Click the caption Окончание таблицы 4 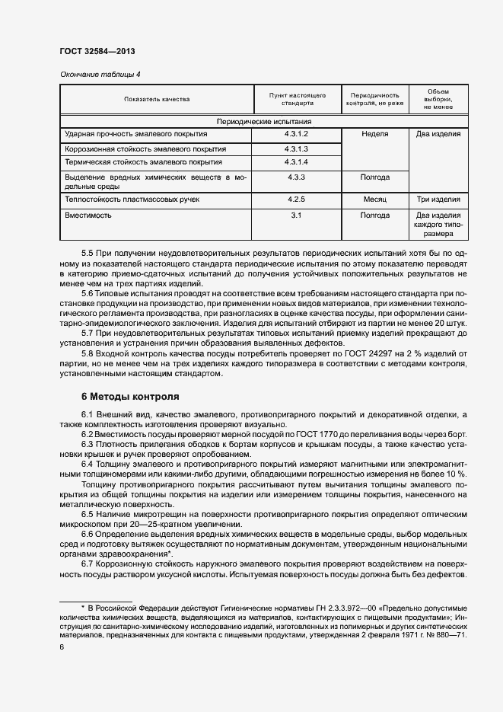pyautogui.click(x=100, y=74)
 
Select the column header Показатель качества pyautogui.click(x=158, y=99)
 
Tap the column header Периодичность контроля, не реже pyautogui.click(x=374, y=99)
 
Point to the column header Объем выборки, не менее pyautogui.click(x=438, y=99)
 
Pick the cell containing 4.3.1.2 pyautogui.click(x=297, y=134)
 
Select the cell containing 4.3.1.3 pyautogui.click(x=297, y=148)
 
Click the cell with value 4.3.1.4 pyautogui.click(x=297, y=162)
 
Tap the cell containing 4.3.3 pyautogui.click(x=297, y=177)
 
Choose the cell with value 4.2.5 pyautogui.click(x=297, y=200)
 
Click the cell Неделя pyautogui.click(x=374, y=134)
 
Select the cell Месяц pyautogui.click(x=374, y=200)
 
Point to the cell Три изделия pyautogui.click(x=438, y=200)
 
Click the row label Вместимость pyautogui.click(x=88, y=216)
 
